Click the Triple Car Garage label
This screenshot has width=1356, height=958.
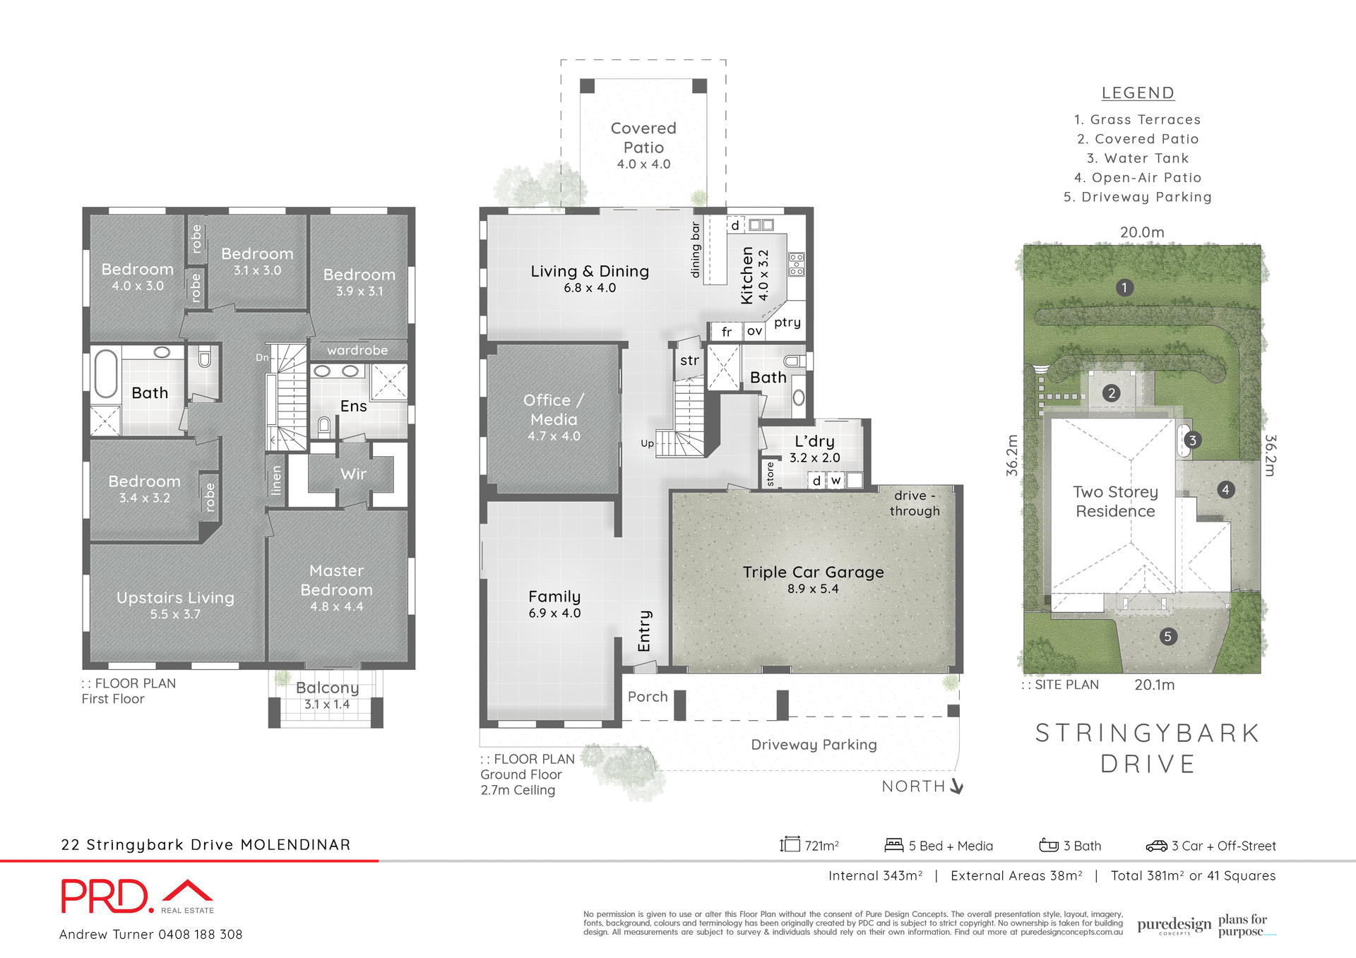(x=813, y=573)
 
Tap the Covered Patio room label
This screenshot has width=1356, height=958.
(x=643, y=138)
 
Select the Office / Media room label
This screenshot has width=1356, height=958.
(x=554, y=410)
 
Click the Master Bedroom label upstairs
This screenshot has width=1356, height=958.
(x=336, y=580)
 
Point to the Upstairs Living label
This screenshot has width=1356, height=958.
(x=175, y=598)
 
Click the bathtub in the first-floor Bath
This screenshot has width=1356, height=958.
(x=106, y=373)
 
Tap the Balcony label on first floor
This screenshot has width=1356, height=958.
(x=327, y=688)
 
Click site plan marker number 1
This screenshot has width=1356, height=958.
(x=1124, y=287)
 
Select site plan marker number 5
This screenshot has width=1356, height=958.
(x=1167, y=637)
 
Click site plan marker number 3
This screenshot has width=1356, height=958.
(x=1192, y=441)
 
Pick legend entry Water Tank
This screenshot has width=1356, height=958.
(x=1138, y=159)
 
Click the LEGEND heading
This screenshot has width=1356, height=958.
(x=1138, y=93)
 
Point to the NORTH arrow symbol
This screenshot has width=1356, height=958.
(x=957, y=786)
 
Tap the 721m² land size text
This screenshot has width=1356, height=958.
(x=821, y=846)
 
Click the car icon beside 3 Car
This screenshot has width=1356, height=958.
(x=1156, y=846)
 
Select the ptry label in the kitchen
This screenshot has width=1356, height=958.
(x=787, y=323)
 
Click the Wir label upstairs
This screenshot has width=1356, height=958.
(x=353, y=474)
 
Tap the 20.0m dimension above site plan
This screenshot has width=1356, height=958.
(x=1142, y=232)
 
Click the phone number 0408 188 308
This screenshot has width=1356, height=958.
(x=200, y=935)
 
